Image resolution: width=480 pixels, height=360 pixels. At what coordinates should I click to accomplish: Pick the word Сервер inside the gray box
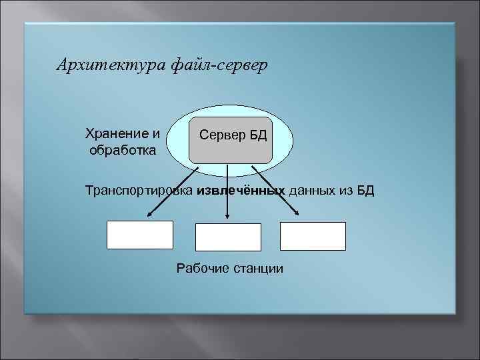[222, 135]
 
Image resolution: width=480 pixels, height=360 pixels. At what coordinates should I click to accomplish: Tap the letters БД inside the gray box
[259, 135]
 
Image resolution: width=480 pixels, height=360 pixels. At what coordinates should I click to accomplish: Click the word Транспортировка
[139, 191]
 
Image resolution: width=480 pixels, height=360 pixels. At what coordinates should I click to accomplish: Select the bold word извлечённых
[241, 191]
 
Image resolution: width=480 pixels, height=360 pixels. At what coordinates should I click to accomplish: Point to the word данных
[311, 191]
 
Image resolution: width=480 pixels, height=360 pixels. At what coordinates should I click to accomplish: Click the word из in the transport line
[346, 191]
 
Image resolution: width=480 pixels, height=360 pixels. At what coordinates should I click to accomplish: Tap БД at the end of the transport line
[366, 191]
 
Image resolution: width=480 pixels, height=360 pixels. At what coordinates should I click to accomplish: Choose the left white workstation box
[140, 235]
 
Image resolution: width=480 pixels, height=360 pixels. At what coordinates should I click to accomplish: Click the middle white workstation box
[228, 237]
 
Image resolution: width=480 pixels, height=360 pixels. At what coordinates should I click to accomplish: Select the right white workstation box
[313, 236]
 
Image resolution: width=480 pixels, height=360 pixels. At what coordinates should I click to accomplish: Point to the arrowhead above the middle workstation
[228, 217]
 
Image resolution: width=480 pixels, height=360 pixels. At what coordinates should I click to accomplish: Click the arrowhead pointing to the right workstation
[296, 214]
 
